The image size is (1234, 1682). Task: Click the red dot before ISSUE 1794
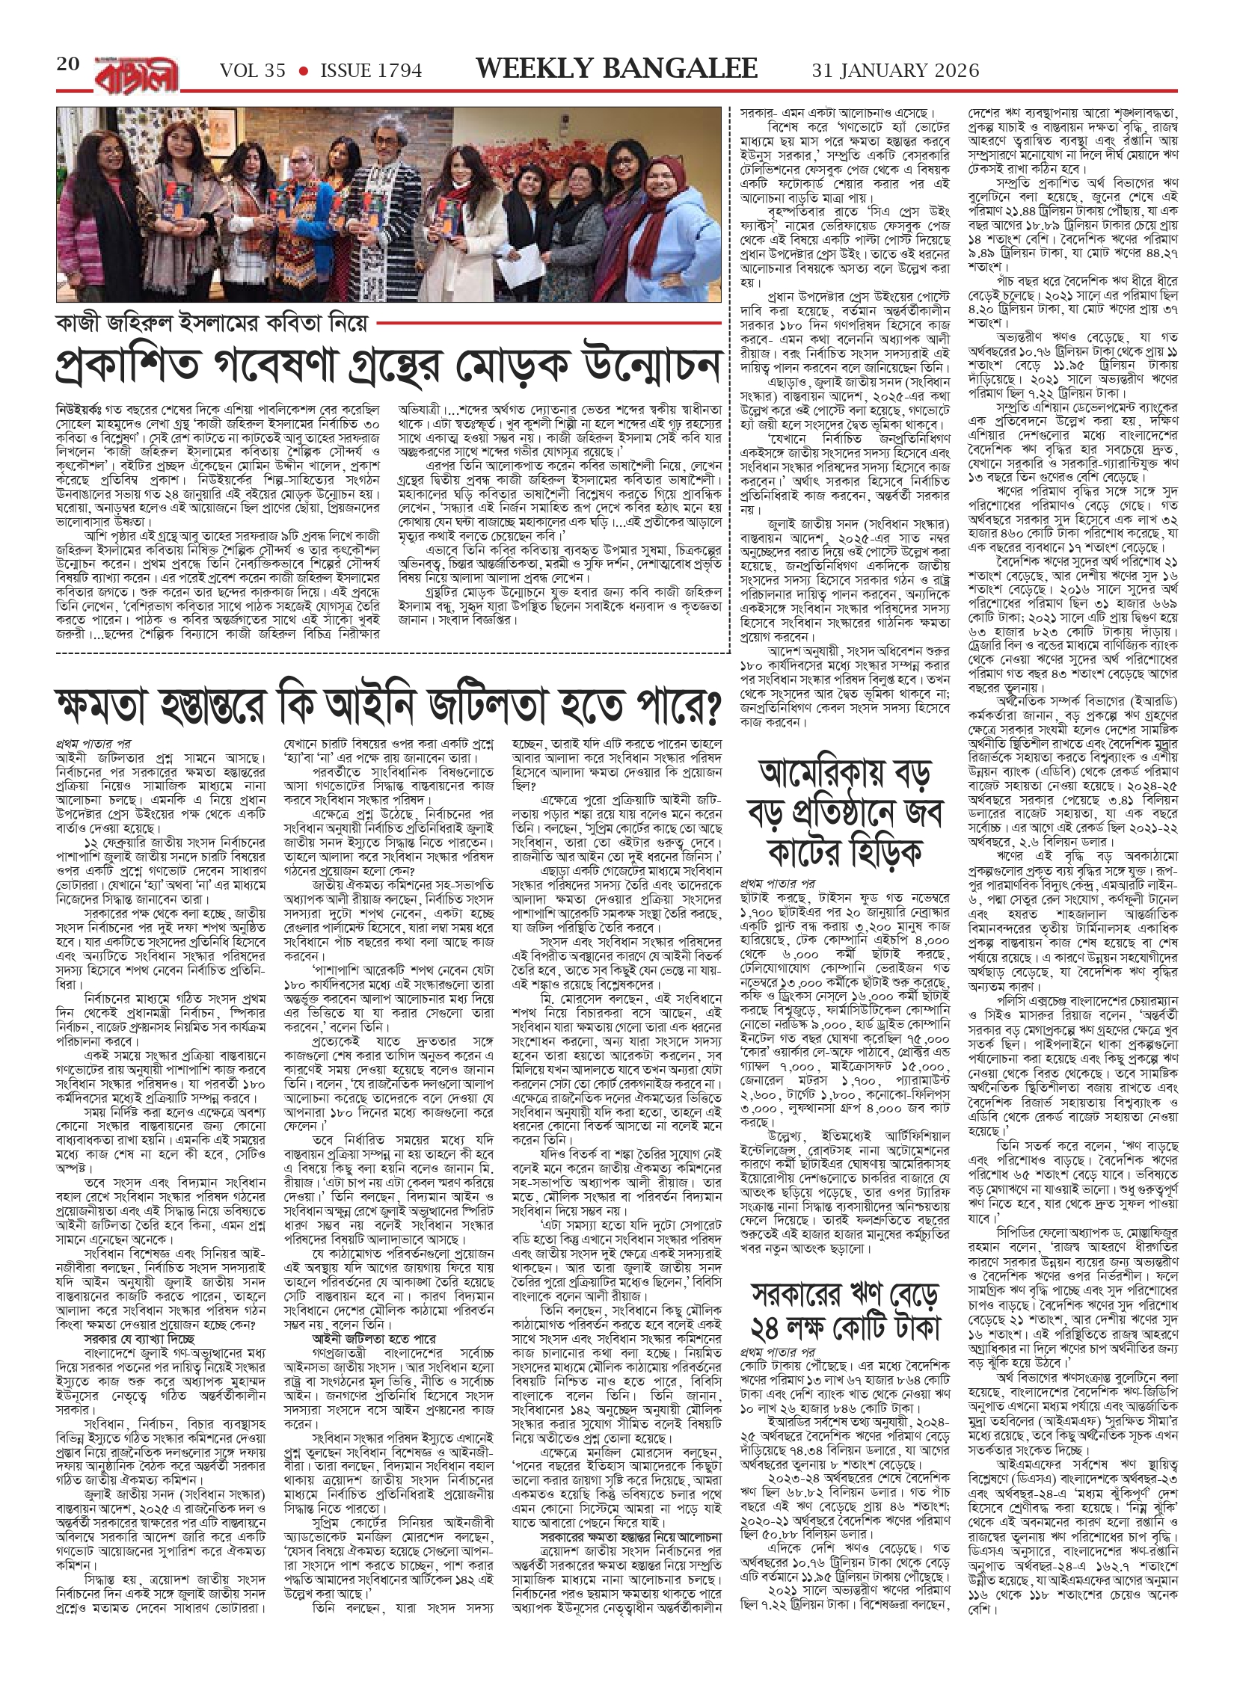(304, 71)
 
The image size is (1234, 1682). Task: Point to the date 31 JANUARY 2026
(895, 70)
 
